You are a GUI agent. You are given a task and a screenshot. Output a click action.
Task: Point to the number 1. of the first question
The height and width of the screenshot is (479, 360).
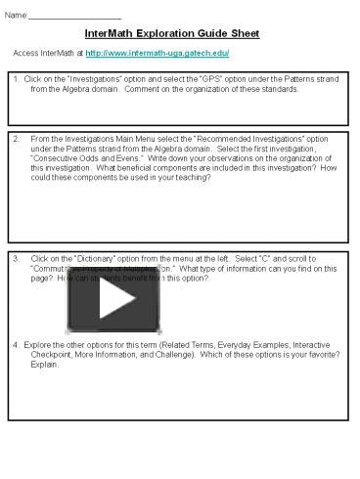[17, 79]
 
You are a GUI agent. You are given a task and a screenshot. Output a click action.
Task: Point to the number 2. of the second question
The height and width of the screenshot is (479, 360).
[16, 139]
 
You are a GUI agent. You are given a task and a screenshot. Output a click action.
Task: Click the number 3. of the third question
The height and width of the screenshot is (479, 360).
[16, 259]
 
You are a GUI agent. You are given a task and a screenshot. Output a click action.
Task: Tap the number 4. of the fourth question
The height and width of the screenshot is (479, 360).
[16, 346]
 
